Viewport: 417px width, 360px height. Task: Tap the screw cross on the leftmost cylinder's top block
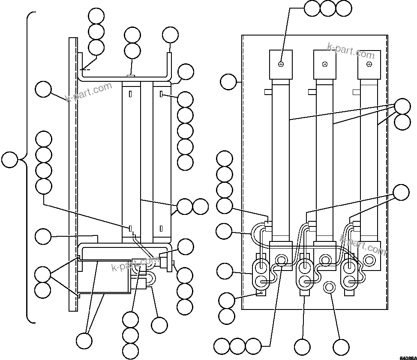pyautogui.click(x=281, y=64)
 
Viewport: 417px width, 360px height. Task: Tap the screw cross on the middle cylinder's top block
pyautogui.click(x=325, y=64)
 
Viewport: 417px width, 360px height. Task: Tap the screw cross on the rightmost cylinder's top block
pyautogui.click(x=369, y=64)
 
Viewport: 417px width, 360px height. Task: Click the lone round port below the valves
pyautogui.click(x=329, y=287)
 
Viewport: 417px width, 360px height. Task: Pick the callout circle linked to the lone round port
pyautogui.click(x=341, y=347)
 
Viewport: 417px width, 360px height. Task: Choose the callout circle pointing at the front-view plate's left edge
pyautogui.click(x=228, y=81)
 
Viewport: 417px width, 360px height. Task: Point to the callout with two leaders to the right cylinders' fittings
pyautogui.click(x=402, y=192)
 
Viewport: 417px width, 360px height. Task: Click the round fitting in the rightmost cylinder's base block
pyautogui.click(x=369, y=259)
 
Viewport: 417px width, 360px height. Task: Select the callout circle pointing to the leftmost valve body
pyautogui.click(x=224, y=271)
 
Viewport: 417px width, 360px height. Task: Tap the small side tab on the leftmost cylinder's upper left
pyautogui.click(x=267, y=92)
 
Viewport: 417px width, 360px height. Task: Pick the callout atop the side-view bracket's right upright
pyautogui.click(x=170, y=35)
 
